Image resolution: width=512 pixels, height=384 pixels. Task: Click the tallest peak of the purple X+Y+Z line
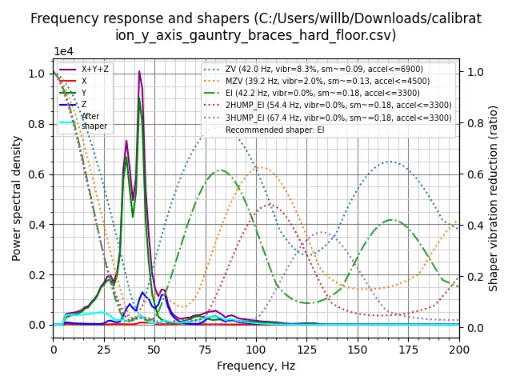[x=139, y=72]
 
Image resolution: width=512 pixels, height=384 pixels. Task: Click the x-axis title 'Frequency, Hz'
[x=256, y=366]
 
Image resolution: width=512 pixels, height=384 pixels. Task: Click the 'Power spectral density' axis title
[x=17, y=198]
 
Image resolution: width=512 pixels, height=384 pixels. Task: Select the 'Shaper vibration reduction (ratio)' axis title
[x=494, y=198]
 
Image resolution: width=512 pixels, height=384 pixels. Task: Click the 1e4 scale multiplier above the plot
[x=65, y=51]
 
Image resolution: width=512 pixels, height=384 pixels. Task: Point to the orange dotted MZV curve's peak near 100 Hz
[x=259, y=167]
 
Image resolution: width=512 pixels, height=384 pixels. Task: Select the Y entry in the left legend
[x=84, y=93]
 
